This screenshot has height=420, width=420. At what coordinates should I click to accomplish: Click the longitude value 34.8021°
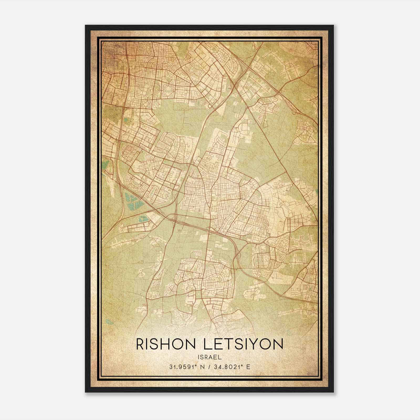229,367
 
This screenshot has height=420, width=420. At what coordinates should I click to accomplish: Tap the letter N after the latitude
202,367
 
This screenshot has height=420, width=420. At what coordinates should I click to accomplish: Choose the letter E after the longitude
248,367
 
